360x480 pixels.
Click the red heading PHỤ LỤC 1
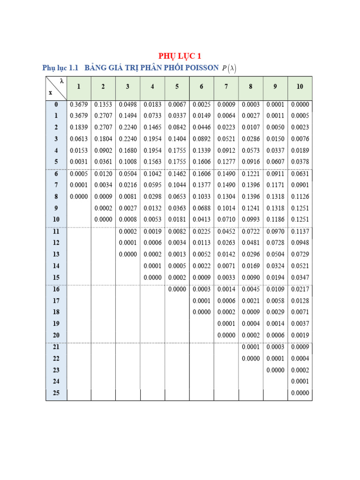click(180, 56)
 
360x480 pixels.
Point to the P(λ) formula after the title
click(229, 68)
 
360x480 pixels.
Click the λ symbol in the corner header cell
click(61, 81)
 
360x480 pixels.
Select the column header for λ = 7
click(226, 87)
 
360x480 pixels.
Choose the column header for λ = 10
click(300, 87)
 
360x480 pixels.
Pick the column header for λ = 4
click(152, 87)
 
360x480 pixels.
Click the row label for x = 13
click(56, 254)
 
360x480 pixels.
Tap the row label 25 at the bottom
click(56, 393)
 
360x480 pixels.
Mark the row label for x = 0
click(56, 105)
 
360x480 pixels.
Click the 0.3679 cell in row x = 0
click(79, 105)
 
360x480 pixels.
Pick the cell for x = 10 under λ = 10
click(300, 219)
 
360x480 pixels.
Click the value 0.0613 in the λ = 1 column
click(79, 139)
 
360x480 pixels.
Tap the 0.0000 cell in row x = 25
click(300, 393)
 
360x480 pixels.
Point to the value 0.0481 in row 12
click(251, 243)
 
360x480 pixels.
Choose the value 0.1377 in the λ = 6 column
click(202, 185)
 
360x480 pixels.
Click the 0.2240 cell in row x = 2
click(128, 127)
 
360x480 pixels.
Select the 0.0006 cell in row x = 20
click(275, 335)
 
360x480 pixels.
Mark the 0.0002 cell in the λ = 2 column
click(103, 208)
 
